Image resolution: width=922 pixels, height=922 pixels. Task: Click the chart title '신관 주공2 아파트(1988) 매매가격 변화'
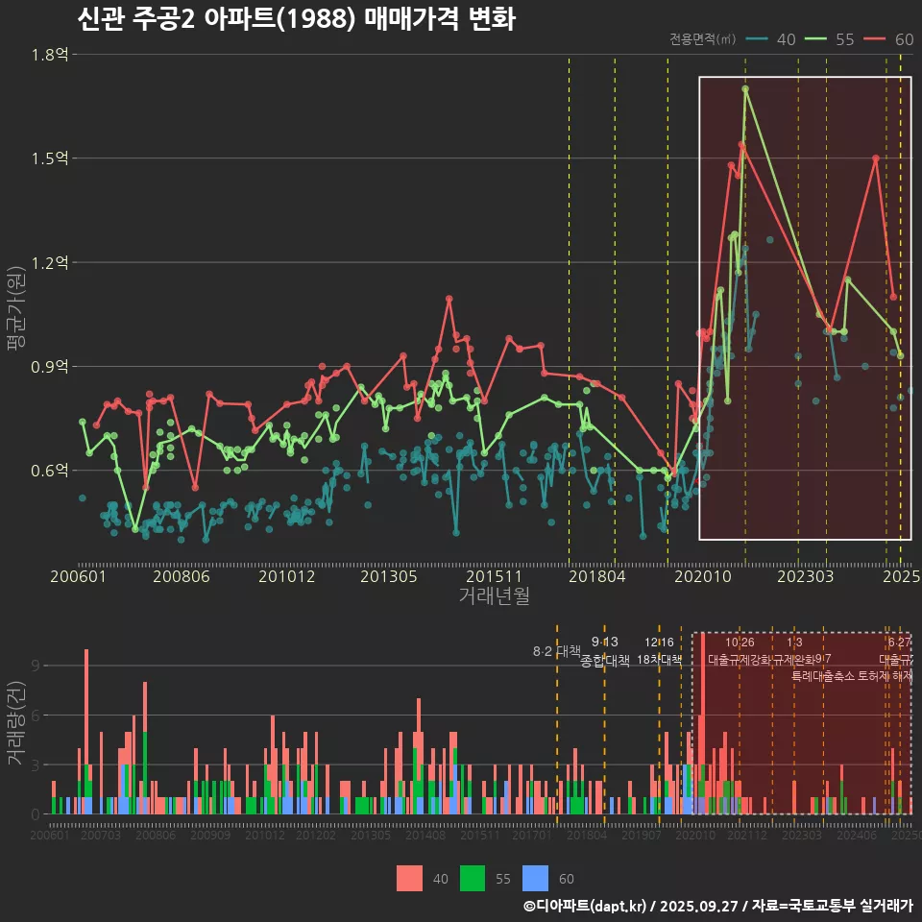coord(295,19)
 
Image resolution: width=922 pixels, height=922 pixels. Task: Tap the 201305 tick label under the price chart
coord(388,576)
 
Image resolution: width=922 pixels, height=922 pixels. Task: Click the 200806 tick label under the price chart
coord(182,576)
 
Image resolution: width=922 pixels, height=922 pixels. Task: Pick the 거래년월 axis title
coord(494,596)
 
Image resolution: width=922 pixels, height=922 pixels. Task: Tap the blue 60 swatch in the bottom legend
coord(535,878)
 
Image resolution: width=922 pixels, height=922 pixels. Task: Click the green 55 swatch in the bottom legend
coord(473,878)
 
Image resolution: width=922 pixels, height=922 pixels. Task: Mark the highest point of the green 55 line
coord(745,89)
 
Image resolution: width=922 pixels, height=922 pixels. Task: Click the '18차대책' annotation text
coord(659,660)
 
